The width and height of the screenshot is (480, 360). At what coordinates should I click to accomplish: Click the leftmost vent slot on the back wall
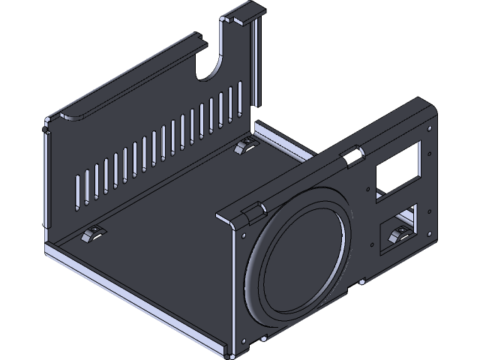pyautogui.click(x=78, y=192)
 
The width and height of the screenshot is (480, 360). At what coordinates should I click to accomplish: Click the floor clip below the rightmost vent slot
pyautogui.click(x=246, y=145)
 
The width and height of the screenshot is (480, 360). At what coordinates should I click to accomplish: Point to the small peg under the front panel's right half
pyautogui.click(x=362, y=283)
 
